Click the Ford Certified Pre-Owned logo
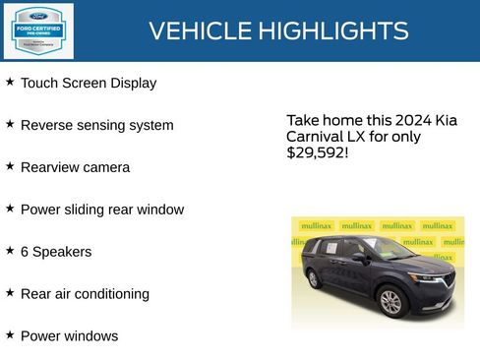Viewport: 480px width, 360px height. (38, 30)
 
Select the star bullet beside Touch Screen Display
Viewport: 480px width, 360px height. (10, 82)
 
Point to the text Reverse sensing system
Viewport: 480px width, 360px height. (96, 126)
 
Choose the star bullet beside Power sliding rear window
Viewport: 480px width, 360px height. (10, 209)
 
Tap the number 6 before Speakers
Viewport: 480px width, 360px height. (25, 252)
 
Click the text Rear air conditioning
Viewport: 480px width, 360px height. (85, 294)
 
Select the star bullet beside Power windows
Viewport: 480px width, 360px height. (10, 334)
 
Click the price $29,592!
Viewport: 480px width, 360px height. (317, 153)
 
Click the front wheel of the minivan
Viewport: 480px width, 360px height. (390, 301)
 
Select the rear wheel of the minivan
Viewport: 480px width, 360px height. (314, 278)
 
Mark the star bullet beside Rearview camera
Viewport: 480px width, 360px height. (10, 166)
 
